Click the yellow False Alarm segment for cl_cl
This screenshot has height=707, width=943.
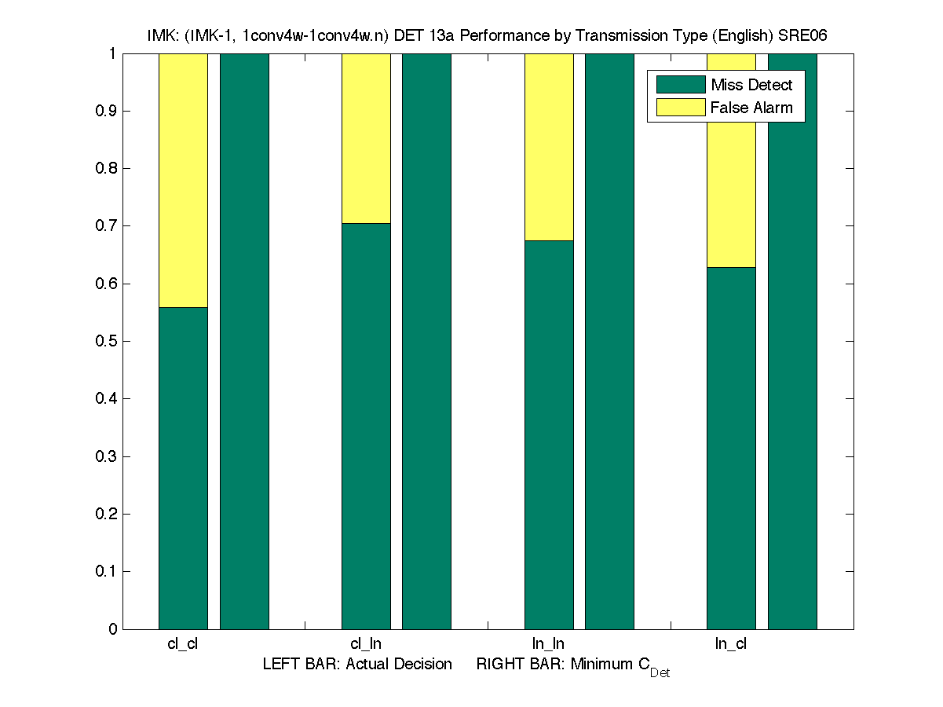183,180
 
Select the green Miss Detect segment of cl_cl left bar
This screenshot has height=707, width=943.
183,467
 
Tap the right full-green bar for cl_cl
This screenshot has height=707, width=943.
244,341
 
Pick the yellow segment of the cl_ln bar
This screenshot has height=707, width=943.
366,138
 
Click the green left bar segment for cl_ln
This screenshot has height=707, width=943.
366,426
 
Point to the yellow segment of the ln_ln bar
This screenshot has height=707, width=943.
549,147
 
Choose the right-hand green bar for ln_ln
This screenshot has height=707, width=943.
609,341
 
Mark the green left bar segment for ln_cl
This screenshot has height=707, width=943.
731,448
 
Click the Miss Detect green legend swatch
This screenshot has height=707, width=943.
680,85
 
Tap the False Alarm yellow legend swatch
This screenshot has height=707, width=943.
680,108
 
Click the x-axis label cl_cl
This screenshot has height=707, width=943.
182,644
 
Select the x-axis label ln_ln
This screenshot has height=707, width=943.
548,644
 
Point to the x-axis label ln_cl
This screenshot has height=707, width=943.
730,644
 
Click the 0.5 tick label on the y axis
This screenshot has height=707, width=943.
107,342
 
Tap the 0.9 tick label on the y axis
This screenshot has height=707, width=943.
107,112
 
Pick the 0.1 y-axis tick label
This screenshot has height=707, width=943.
107,572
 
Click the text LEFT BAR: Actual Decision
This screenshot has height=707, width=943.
357,665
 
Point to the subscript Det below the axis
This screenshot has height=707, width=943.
660,673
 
